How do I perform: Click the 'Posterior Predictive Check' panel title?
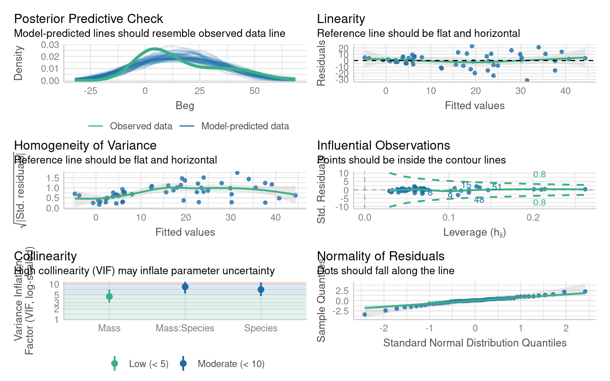(x=88, y=19)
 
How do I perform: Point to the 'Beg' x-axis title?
(x=185, y=106)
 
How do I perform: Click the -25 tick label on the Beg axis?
(x=90, y=91)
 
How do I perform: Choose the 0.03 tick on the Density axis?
(x=50, y=45)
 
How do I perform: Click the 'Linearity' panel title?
(x=341, y=19)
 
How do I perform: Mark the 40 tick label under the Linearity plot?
(x=565, y=91)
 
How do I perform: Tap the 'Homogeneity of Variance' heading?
(x=85, y=145)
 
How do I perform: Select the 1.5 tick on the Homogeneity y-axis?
(x=52, y=177)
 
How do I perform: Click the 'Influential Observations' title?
(x=383, y=145)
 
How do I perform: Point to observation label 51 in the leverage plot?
(x=497, y=187)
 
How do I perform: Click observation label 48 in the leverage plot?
(x=479, y=200)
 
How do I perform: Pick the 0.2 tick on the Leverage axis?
(x=533, y=217)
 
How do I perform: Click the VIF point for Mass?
(x=109, y=296)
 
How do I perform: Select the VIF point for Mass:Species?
(x=185, y=287)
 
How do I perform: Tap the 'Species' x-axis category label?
(x=261, y=328)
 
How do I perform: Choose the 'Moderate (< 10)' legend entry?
(x=231, y=364)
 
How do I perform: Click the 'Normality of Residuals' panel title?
(x=380, y=256)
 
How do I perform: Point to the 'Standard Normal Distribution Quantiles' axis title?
(x=475, y=343)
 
